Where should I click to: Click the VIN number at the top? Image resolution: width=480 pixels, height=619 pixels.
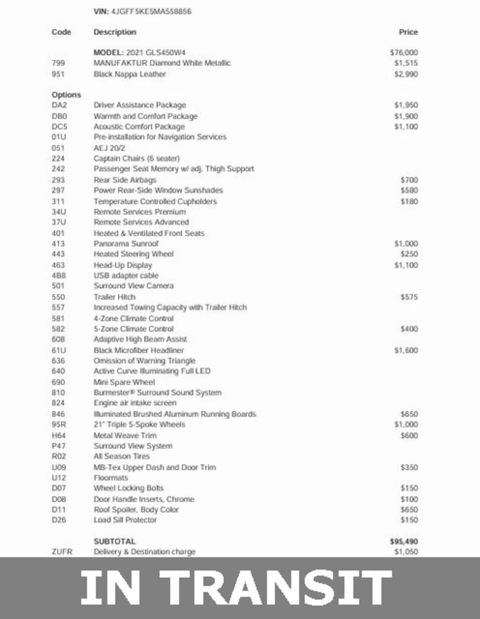coord(151,11)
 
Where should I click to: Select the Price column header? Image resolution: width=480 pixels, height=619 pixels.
coord(408,32)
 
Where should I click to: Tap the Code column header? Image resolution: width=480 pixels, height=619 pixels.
coord(61,32)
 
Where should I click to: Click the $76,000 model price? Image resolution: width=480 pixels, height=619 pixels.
coord(404,52)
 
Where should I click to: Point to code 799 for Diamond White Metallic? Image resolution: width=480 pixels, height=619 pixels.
coord(59,63)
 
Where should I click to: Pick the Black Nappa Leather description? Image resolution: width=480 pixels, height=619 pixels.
coord(129,74)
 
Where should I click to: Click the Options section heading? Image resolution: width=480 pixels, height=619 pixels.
coord(66,95)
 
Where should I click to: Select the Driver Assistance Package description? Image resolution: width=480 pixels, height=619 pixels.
coord(140,105)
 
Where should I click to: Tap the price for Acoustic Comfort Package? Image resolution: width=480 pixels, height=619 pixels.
coord(406,127)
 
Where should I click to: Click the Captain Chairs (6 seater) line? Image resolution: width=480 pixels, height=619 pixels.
coord(136,158)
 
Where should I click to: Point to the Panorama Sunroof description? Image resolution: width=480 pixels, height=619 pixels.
coord(126,244)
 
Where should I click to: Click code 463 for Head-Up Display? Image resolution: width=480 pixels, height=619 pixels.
coord(59,265)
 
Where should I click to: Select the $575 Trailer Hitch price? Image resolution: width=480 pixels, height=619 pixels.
coord(409,297)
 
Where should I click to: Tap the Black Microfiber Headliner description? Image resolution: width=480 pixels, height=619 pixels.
coord(139,350)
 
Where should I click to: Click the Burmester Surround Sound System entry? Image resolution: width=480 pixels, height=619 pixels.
coord(157,393)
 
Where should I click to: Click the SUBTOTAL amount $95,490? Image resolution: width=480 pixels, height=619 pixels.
coord(404,541)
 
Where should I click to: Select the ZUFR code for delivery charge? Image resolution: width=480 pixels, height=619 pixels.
coord(62,552)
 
